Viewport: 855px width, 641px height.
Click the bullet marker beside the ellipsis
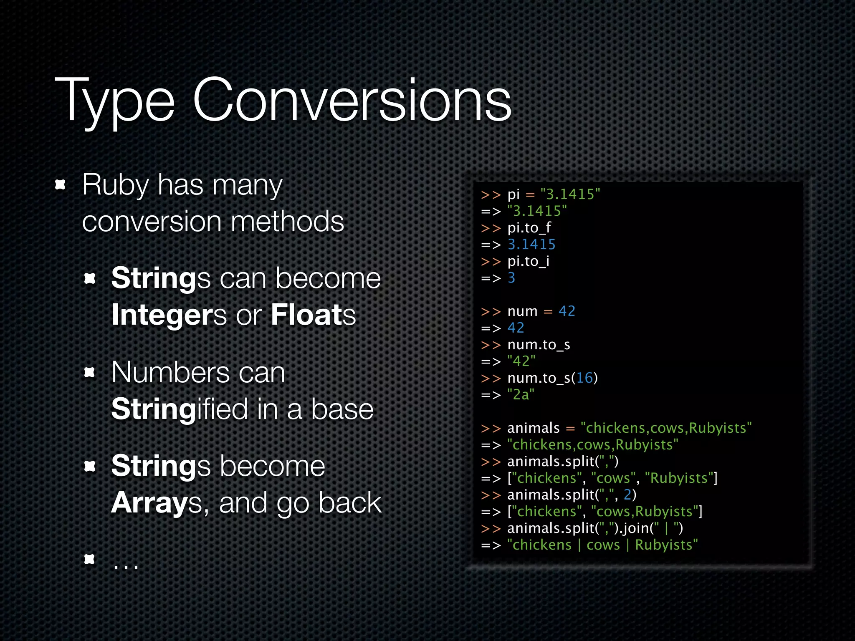90,559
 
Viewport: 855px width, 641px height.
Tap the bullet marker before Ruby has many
61,184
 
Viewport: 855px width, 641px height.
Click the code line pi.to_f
529,228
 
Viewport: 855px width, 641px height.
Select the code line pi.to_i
528,261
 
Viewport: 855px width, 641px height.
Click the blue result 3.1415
531,245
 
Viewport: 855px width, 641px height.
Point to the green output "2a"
521,395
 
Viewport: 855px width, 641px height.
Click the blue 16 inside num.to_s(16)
584,378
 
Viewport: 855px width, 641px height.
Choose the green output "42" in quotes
521,361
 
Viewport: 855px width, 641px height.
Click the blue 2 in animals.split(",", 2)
627,495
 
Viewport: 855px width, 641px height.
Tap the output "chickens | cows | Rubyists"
602,545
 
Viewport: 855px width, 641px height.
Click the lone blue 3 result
511,278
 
